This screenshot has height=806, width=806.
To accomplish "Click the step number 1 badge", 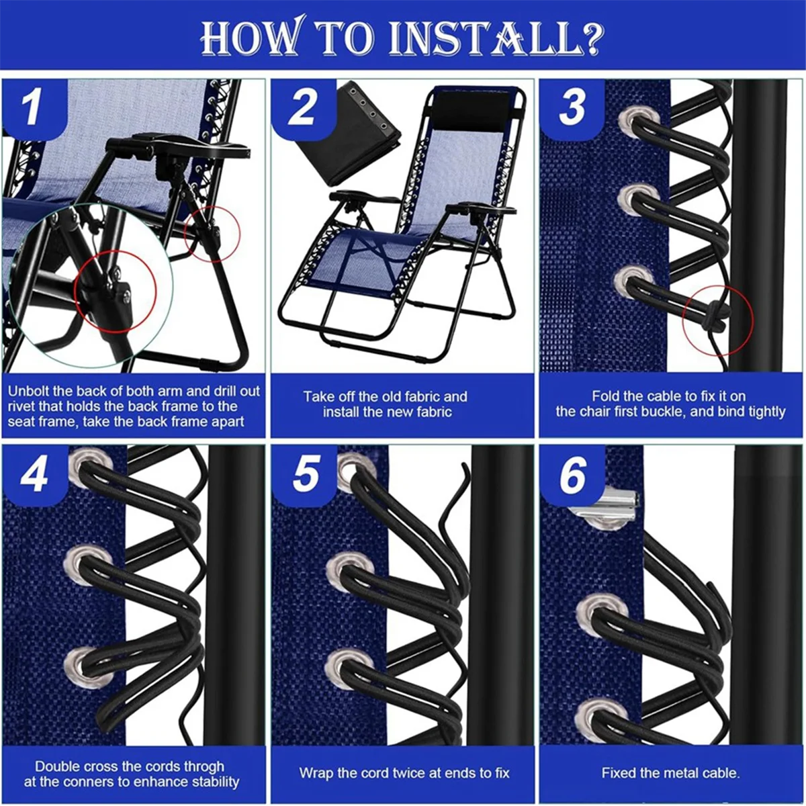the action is click(34, 108).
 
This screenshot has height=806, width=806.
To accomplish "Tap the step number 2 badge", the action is click(302, 108).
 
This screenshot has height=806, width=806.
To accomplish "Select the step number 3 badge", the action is click(572, 108).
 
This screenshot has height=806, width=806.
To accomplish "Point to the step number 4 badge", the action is click(34, 474).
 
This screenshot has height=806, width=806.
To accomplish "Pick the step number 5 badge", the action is click(304, 474).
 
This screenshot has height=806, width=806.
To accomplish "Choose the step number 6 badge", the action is click(572, 474).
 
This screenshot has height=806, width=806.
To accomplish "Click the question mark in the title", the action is click(592, 37).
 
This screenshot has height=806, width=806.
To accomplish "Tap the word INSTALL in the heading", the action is click(484, 38).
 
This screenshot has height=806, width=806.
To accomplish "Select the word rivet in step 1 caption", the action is click(21, 406).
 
